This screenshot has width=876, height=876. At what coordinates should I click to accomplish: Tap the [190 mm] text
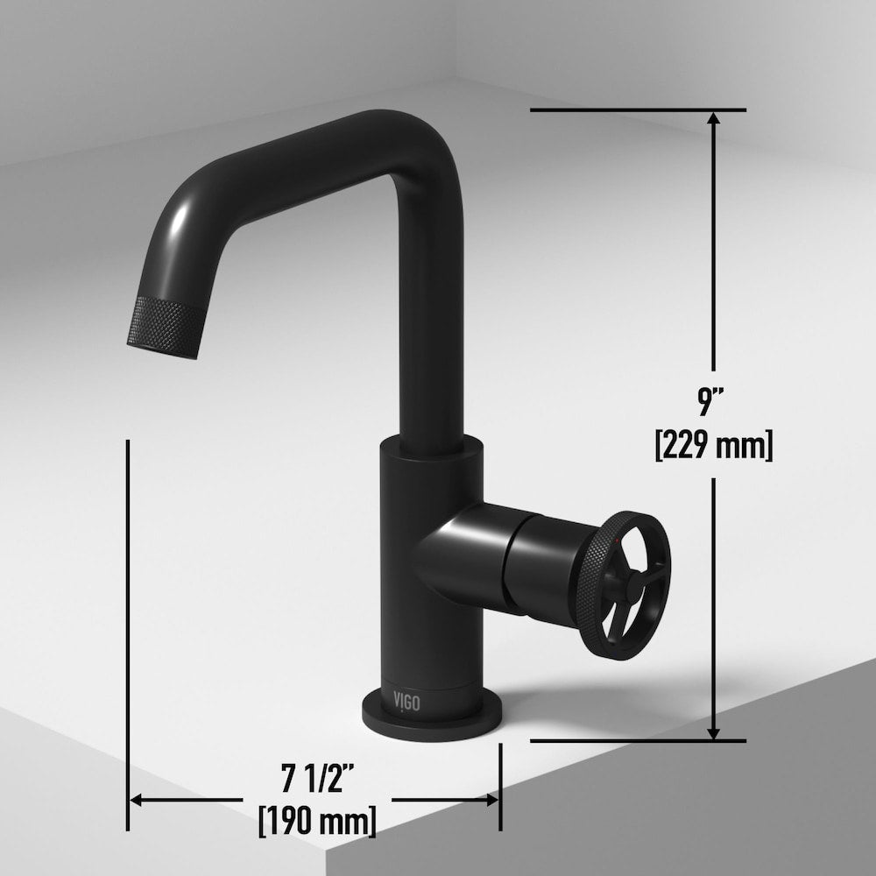[317, 821]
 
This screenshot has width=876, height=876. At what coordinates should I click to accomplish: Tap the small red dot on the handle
[621, 547]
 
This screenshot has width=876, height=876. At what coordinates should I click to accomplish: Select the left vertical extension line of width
[129, 613]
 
